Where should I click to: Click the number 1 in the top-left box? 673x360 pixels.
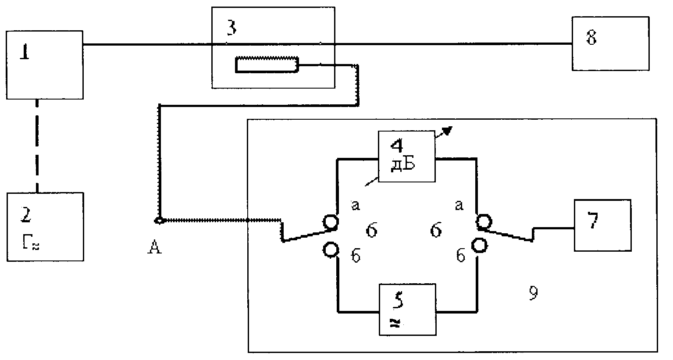[x=25, y=52]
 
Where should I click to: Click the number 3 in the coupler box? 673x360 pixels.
[x=231, y=28]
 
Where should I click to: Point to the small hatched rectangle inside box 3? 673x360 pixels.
[x=267, y=64]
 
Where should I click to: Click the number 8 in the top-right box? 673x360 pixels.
[x=591, y=38]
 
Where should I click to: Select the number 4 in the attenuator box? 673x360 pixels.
[x=397, y=146]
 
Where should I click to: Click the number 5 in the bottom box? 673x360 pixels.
[x=398, y=300]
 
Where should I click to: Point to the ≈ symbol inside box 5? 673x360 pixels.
[x=395, y=323]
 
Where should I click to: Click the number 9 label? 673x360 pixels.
[x=533, y=293]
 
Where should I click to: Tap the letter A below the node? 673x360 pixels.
[x=154, y=247]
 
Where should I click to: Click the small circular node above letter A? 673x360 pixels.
[x=159, y=221]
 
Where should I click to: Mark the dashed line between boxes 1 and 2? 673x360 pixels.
[x=37, y=146]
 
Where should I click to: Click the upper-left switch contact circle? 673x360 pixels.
[x=331, y=222]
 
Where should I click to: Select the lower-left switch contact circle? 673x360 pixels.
[x=331, y=250]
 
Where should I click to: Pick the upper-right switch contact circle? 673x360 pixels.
[x=484, y=222]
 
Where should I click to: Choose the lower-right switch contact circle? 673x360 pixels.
[x=480, y=245]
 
